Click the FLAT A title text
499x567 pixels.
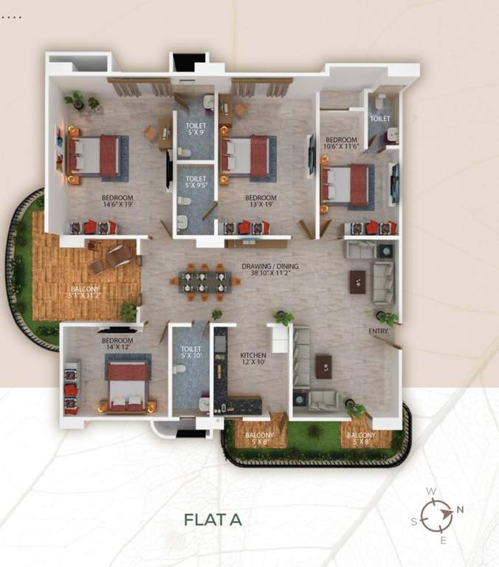pos(213,519)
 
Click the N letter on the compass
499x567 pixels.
pos(461,509)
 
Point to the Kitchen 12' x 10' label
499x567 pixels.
pos(253,359)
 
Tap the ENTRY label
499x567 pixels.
pos(378,331)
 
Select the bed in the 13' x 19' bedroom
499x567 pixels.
pos(248,157)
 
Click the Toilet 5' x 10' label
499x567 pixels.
pos(190,352)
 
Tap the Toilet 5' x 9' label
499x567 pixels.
pos(196,130)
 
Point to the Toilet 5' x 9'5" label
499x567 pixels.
pos(196,182)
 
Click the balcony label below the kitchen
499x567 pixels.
pos(258,439)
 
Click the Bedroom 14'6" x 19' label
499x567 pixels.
pos(117,201)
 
